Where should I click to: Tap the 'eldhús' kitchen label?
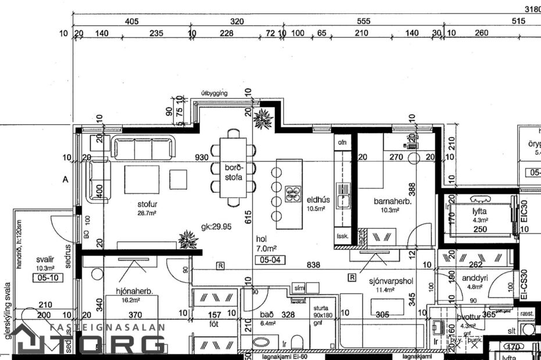pos(318,200)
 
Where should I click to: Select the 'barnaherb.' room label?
pos(392,201)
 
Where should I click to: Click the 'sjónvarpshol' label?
pos(391,282)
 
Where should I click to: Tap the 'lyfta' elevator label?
pos(479,212)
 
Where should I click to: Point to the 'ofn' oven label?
pos(342,141)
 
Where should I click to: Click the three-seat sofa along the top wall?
pos(143,147)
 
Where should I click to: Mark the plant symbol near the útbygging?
pos(263,119)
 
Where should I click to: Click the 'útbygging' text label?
pos(214,93)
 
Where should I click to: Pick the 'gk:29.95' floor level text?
pos(216,226)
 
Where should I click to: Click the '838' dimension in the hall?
pos(314,265)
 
